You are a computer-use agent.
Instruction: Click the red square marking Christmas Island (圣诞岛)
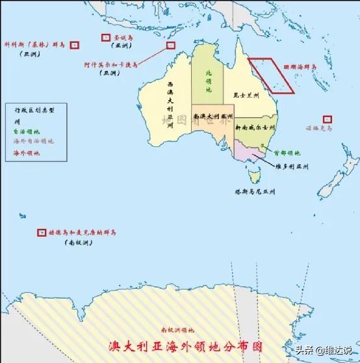[x=106, y=38]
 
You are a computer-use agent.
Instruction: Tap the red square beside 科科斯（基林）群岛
[x=75, y=45]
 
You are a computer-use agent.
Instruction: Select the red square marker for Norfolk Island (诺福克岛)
[x=328, y=120]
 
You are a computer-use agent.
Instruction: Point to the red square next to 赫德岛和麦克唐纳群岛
[x=42, y=232]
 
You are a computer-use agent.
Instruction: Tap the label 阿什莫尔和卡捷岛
[x=110, y=65]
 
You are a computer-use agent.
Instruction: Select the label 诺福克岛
[x=320, y=129]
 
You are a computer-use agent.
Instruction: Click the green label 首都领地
[x=287, y=154]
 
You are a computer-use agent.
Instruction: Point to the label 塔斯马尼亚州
[x=255, y=192]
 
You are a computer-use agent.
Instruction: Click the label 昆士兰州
[x=247, y=96]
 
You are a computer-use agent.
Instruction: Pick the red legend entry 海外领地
[x=26, y=153]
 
